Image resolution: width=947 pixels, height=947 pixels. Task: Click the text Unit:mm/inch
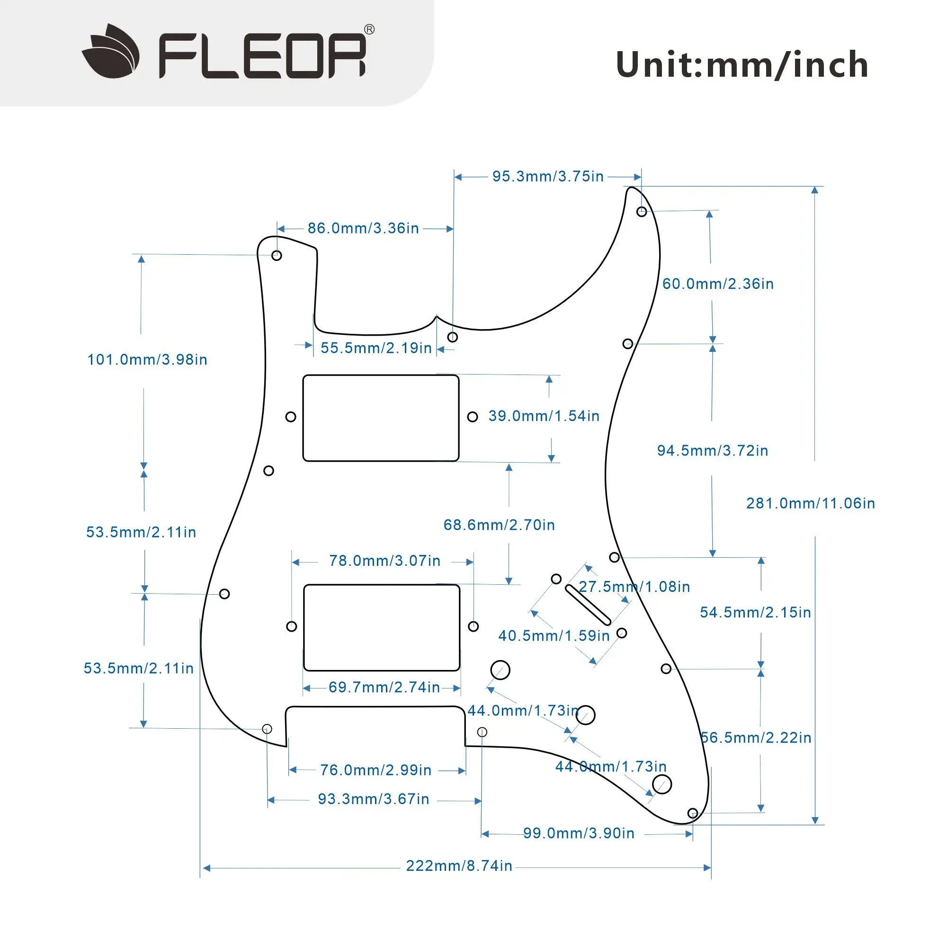coord(742,65)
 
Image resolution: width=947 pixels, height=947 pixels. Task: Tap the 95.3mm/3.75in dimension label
coord(547,177)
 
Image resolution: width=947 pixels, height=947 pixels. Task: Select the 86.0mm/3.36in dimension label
coord(363,228)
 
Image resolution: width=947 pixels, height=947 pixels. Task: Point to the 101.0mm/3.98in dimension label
coord(147,360)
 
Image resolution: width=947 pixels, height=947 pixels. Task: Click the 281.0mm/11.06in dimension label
coord(810,503)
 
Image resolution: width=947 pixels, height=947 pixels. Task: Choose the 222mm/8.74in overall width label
coord(459,866)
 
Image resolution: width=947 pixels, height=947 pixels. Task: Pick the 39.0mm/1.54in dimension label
coord(544,416)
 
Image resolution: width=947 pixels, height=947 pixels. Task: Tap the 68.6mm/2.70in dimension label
coord(499,525)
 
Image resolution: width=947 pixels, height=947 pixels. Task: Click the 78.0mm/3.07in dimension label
coord(385,561)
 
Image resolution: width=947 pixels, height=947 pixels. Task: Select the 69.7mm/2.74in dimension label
coord(384,687)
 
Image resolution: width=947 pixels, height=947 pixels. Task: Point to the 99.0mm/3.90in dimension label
coord(579,833)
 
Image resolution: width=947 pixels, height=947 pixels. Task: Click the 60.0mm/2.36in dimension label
coord(718,284)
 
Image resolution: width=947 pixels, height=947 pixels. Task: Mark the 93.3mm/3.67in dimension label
coord(374,799)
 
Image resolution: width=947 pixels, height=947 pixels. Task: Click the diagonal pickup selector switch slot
coord(588,605)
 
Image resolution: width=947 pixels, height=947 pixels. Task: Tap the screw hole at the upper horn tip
coord(641,212)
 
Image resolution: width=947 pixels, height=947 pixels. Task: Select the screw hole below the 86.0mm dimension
coord(277,255)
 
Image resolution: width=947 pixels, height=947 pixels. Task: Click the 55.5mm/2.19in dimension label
coord(376,348)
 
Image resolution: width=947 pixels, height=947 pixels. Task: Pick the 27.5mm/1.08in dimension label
coord(634,587)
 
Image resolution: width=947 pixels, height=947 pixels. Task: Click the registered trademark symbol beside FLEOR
coord(369,30)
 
